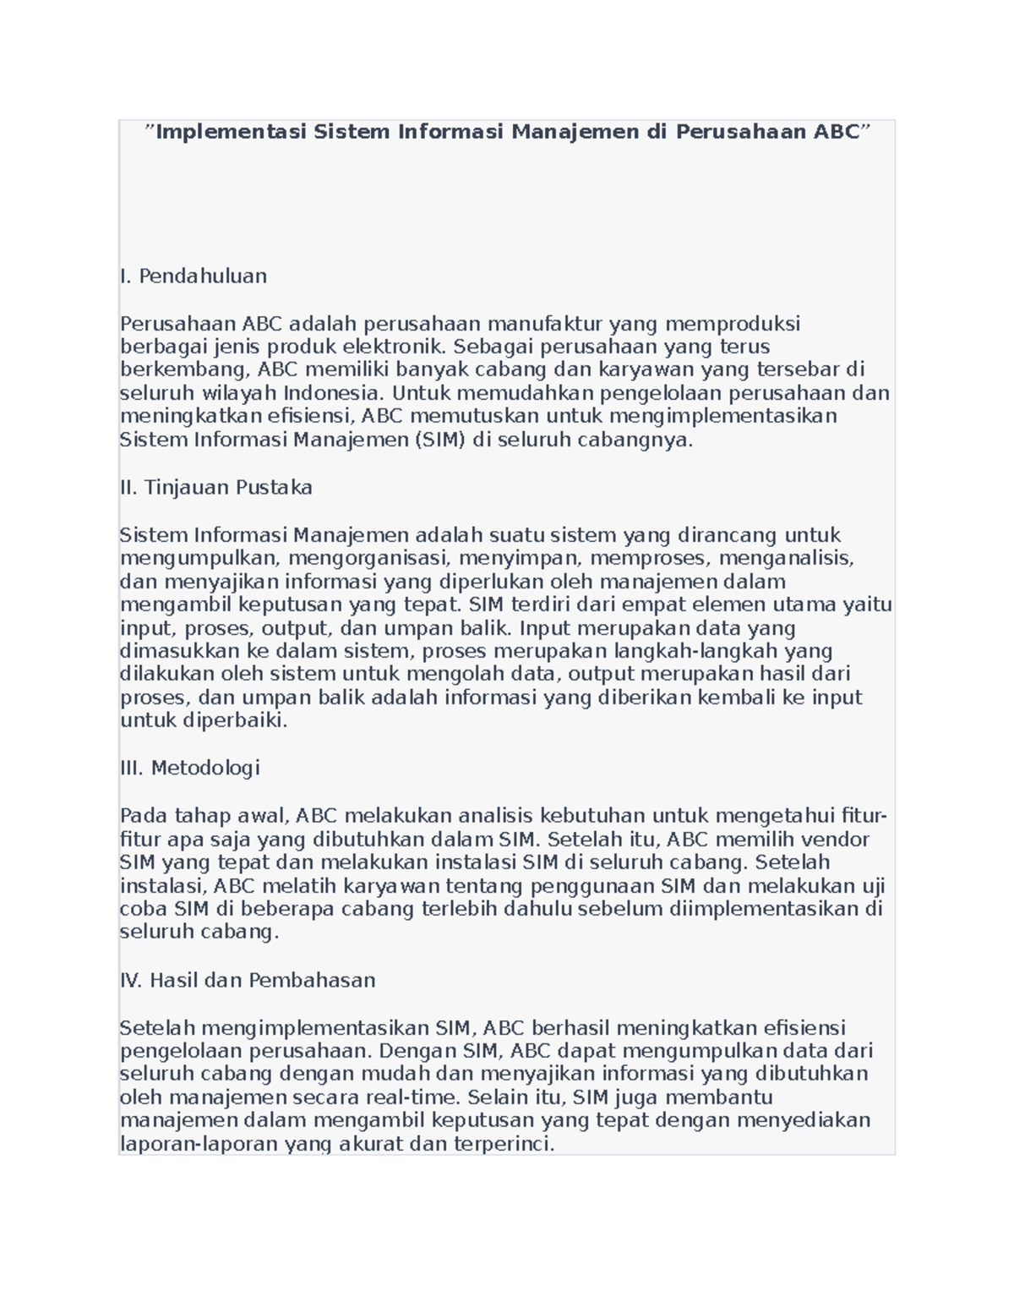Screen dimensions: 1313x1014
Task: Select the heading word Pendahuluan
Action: (x=203, y=276)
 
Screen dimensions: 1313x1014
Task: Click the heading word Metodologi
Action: (x=205, y=768)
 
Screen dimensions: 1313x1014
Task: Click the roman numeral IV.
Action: (x=131, y=980)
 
